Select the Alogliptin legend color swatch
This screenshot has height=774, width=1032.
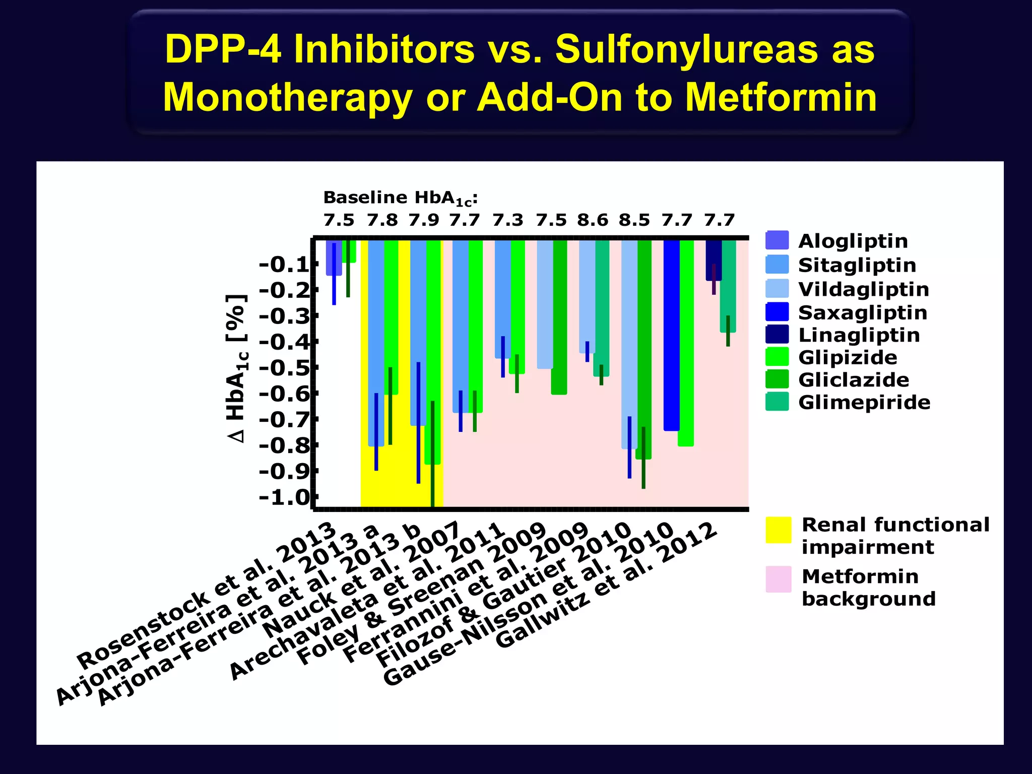coord(777,240)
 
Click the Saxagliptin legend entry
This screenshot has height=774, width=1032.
coord(862,312)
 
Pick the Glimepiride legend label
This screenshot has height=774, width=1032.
coord(864,402)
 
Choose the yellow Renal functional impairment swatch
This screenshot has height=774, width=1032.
coord(778,530)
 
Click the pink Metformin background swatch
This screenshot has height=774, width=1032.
coord(778,579)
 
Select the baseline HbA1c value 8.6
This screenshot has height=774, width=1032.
coord(593,220)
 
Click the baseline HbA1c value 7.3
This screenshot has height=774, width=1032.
coord(508,220)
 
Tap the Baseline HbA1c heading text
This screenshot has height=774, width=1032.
coord(400,198)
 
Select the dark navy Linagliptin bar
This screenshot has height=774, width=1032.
coord(713,260)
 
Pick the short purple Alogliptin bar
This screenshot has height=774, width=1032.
coord(334,257)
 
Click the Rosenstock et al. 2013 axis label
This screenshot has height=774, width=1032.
coord(207,595)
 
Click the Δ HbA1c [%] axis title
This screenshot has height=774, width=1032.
coord(237,368)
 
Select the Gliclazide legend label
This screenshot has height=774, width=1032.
coord(854,379)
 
